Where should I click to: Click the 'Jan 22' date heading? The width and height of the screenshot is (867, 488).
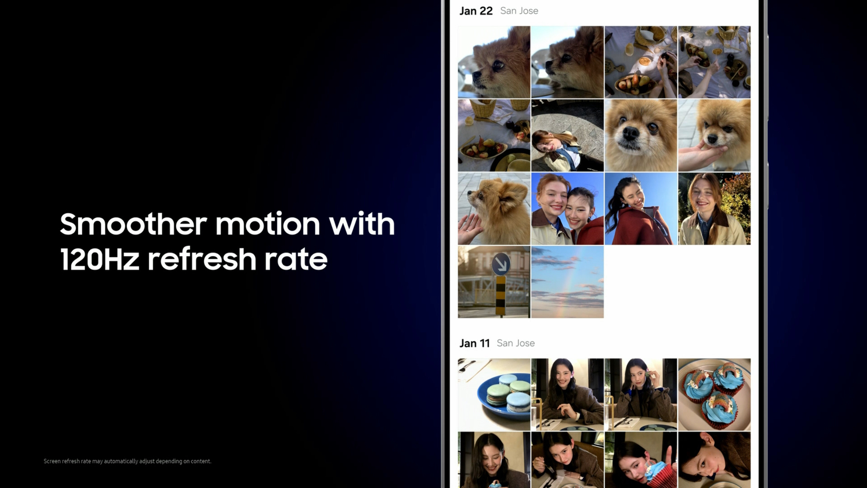[x=476, y=11]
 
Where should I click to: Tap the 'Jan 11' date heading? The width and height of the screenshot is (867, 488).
[x=475, y=343]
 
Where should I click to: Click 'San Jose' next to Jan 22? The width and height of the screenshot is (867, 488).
[x=519, y=11]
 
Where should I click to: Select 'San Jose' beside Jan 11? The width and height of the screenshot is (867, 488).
[x=516, y=343]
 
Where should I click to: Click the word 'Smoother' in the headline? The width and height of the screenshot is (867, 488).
[x=133, y=224]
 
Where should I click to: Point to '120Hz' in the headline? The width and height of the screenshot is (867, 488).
[x=100, y=259]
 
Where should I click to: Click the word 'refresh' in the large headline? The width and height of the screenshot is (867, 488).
[x=202, y=258]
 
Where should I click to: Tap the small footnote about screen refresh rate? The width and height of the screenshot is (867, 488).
[x=127, y=461]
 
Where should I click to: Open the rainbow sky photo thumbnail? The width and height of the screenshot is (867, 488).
[x=567, y=282]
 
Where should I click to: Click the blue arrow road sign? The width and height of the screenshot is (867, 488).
[x=501, y=264]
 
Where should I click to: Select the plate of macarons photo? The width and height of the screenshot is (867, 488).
[x=494, y=394]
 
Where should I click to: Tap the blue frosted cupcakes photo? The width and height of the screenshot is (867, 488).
[x=714, y=394]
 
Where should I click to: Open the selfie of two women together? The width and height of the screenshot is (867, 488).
[x=567, y=209]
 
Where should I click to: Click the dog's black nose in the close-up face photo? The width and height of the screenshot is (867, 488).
[x=630, y=133]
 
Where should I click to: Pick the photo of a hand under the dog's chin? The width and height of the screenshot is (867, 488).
[x=714, y=135]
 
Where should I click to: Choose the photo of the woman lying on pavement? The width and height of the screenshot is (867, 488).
[x=567, y=135]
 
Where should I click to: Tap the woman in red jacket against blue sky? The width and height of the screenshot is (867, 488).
[x=641, y=209]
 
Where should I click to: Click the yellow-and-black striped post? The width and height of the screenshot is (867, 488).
[x=500, y=296]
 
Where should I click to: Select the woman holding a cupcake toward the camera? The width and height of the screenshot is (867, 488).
[x=641, y=460]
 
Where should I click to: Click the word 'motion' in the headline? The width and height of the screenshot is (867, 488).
[x=268, y=224]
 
